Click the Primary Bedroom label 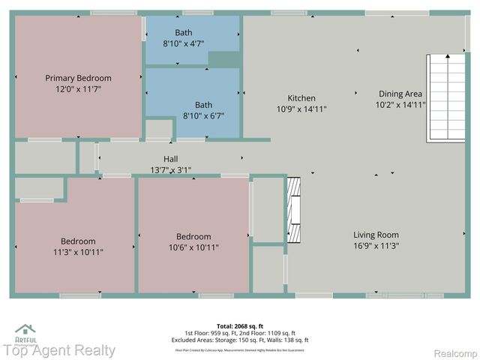(x=78, y=78)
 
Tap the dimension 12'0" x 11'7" (x=78, y=88)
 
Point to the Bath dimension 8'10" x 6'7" (x=203, y=115)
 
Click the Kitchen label (x=301, y=98)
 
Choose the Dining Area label (x=400, y=94)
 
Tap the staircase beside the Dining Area (x=445, y=98)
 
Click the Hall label (x=171, y=159)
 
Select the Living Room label (x=376, y=235)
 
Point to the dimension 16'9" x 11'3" (x=376, y=245)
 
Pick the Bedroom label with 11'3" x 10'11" (x=78, y=241)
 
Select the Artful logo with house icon (x=26, y=333)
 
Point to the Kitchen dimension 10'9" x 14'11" (x=301, y=109)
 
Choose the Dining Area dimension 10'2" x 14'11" (x=400, y=105)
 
